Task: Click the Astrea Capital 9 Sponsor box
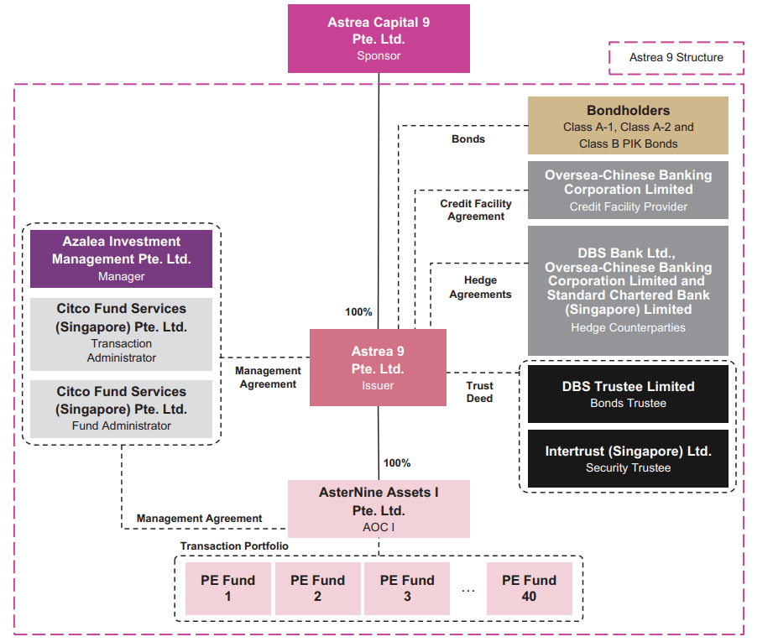click(x=379, y=39)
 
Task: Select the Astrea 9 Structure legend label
click(x=676, y=58)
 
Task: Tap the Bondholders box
click(x=628, y=126)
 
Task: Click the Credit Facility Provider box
click(x=628, y=191)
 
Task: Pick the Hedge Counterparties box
click(x=628, y=290)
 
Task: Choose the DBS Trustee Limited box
click(x=628, y=394)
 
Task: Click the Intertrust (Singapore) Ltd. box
click(x=628, y=458)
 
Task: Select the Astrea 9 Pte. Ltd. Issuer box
click(x=378, y=368)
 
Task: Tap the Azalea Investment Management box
click(x=122, y=258)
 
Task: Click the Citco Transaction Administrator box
click(x=122, y=333)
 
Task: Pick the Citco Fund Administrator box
click(x=122, y=408)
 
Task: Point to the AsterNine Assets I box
click(x=379, y=509)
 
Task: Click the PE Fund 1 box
click(x=227, y=587)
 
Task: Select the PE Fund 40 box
click(x=529, y=587)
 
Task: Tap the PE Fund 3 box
click(x=407, y=587)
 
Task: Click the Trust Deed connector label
click(x=480, y=392)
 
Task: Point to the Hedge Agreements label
click(x=480, y=287)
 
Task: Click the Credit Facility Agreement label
click(x=476, y=210)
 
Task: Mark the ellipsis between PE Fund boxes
click(x=468, y=589)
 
